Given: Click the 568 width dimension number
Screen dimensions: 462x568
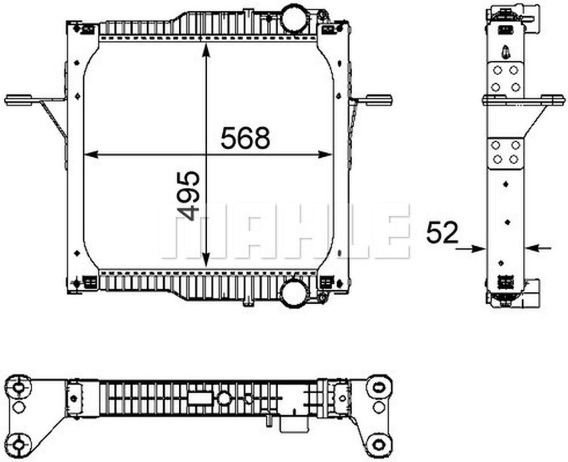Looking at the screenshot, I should pyautogui.click(x=245, y=138).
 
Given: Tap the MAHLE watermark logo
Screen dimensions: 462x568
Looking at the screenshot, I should pyautogui.click(x=284, y=231).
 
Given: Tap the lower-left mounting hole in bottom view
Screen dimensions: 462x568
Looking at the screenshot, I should pyautogui.click(x=19, y=443).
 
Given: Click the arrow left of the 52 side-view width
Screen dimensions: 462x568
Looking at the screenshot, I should pyautogui.click(x=470, y=248).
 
